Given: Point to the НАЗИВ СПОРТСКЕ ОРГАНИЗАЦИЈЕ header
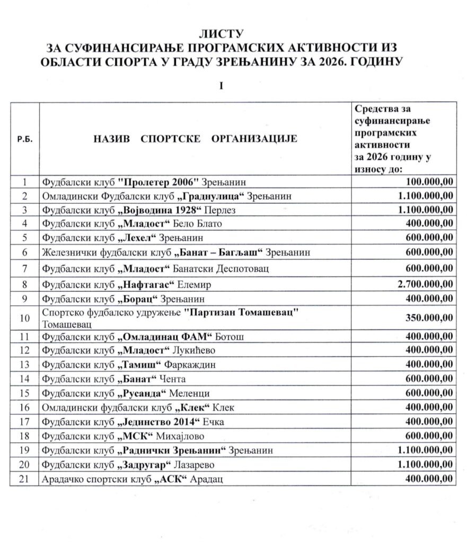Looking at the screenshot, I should pos(196,139).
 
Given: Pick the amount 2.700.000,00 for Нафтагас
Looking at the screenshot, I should pos(424,284).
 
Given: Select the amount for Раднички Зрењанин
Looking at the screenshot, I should pos(424,450).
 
